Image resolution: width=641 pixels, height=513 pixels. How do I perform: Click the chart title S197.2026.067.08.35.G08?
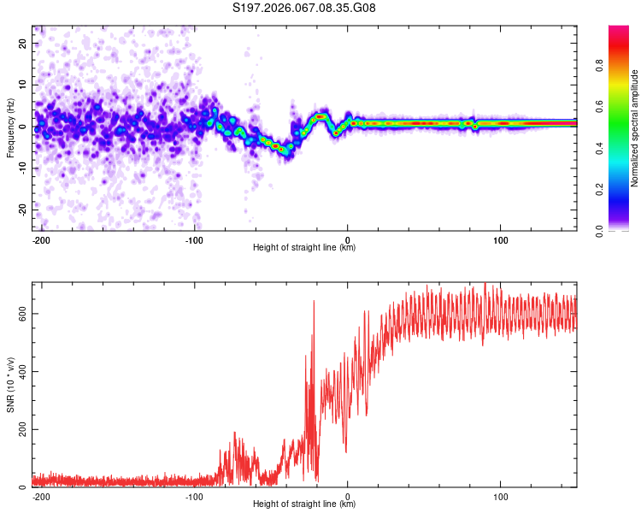coord(305,8)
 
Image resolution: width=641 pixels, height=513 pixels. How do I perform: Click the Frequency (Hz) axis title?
coord(10,127)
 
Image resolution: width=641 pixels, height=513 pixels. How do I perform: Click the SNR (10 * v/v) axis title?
coord(10,384)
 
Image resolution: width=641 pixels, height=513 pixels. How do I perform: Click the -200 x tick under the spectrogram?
coord(41,239)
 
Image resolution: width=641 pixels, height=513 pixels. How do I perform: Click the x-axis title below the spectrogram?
coord(304,248)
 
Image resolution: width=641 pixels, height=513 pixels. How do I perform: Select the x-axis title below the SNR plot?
coord(304,504)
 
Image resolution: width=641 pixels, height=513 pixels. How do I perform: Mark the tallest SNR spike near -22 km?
coord(314,301)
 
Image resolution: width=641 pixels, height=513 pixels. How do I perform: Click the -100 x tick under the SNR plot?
coord(194,495)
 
